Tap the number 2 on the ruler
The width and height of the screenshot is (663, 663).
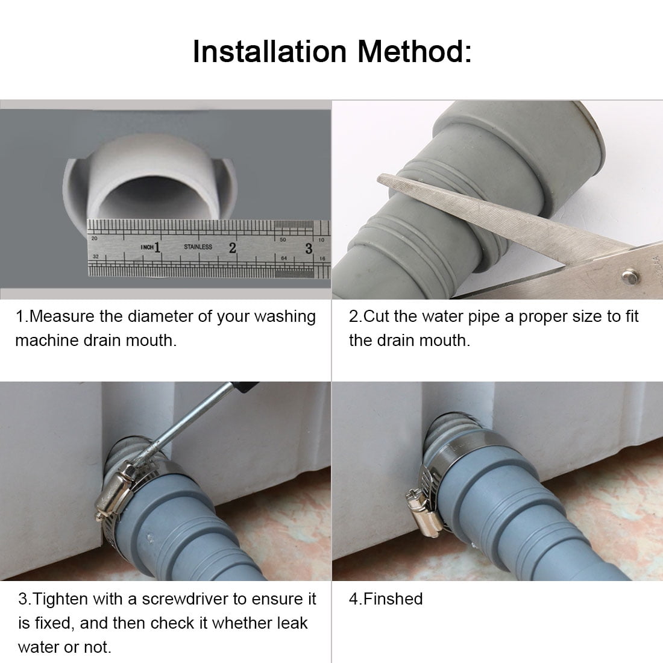coord(232,247)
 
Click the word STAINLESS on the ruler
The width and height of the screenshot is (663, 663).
coord(198,247)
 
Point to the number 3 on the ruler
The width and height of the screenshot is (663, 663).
coord(309,248)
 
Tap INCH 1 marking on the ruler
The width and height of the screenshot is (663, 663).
coord(151,247)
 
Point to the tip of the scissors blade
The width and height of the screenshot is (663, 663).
coord(381,178)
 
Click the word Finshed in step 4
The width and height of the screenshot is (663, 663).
coord(392,599)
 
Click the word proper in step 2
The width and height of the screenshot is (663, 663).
coord(546,316)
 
